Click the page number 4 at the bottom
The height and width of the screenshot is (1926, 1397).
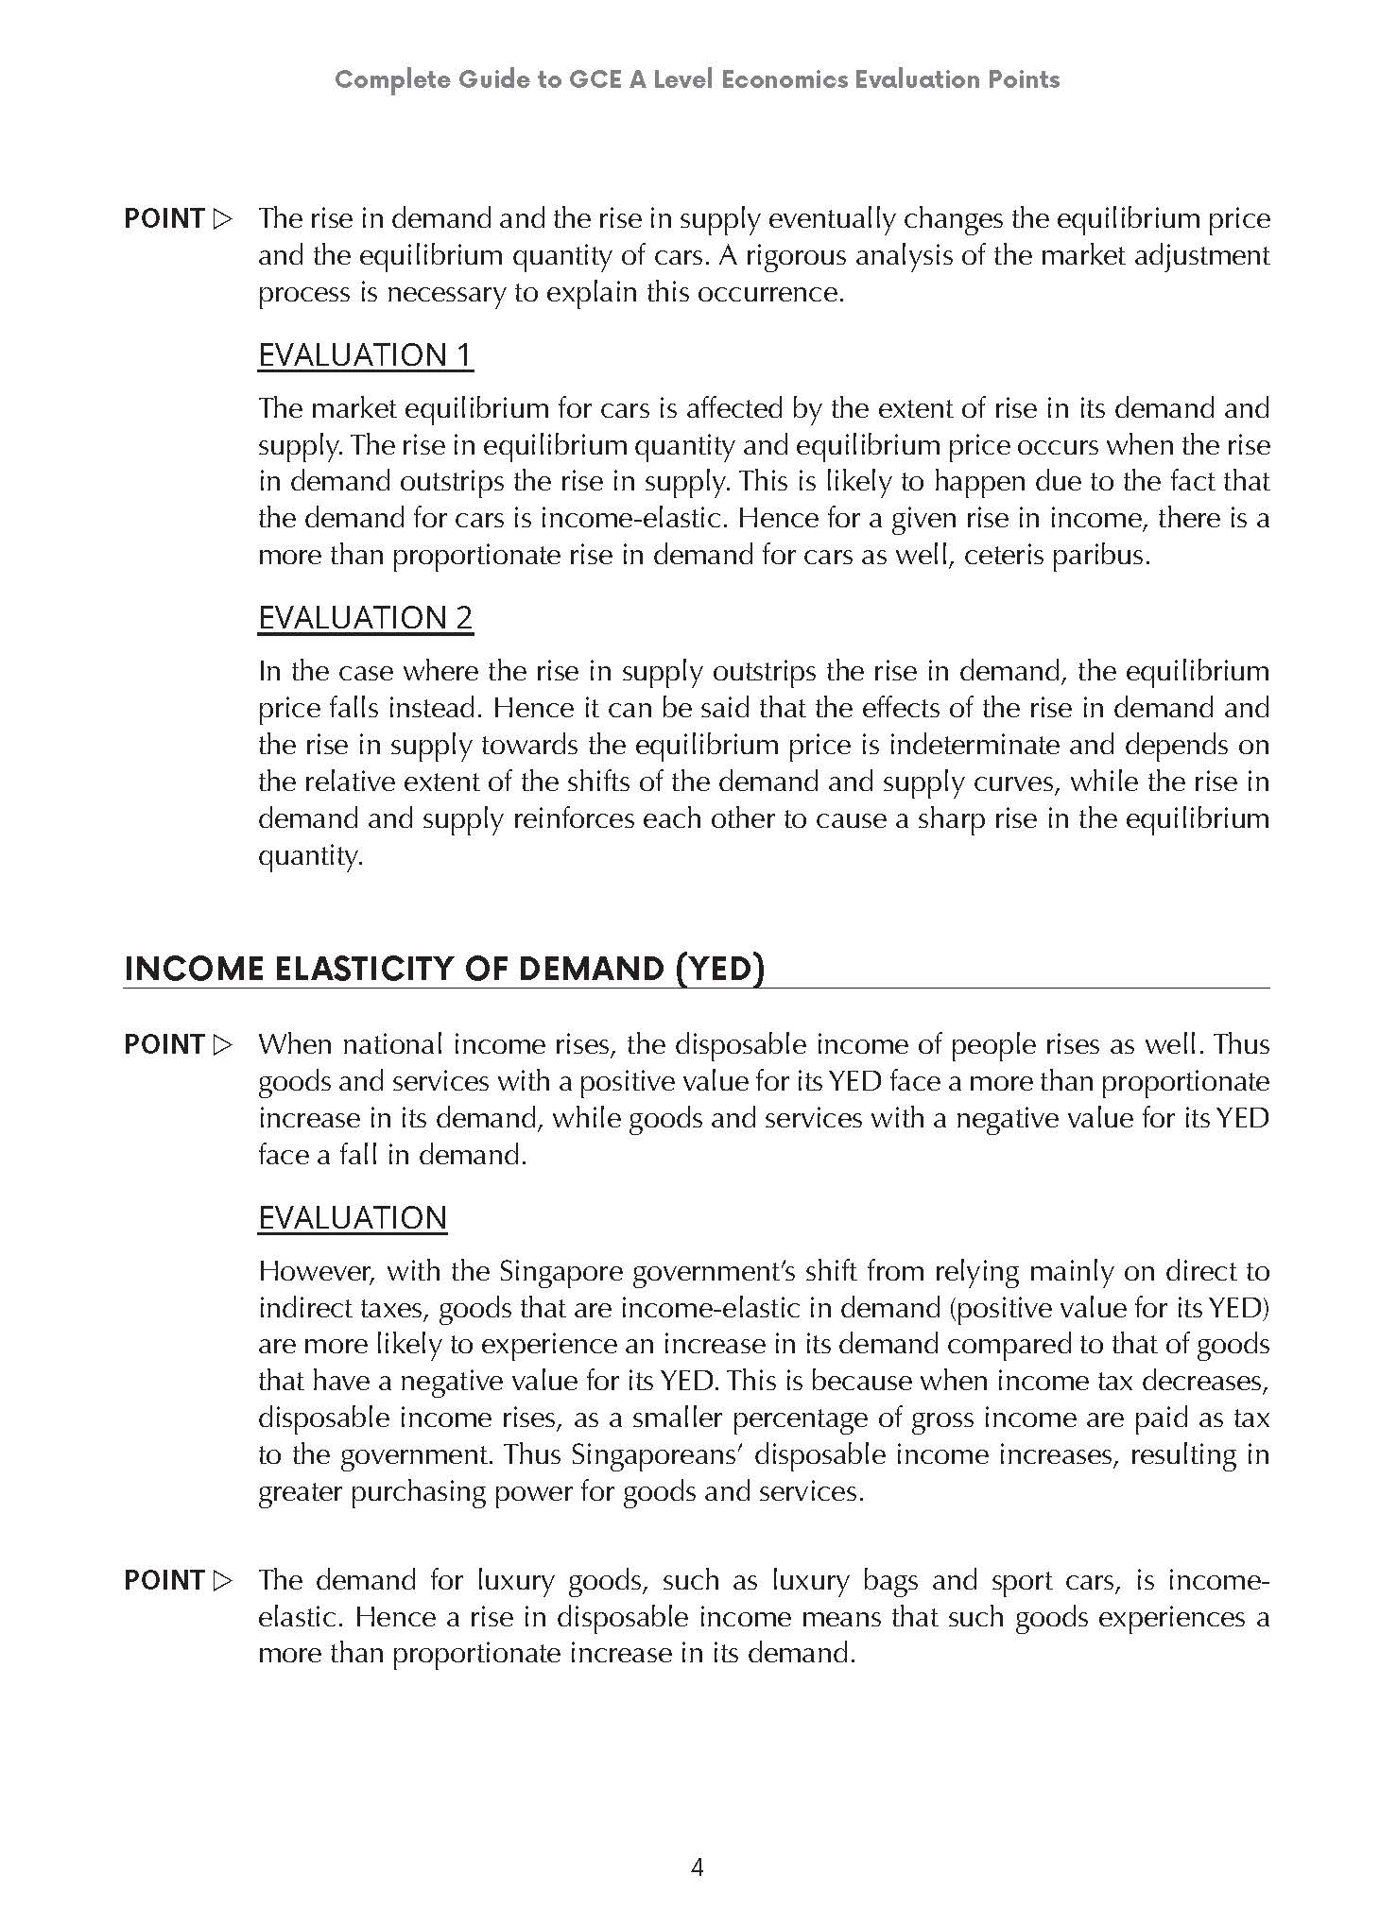coord(698,1867)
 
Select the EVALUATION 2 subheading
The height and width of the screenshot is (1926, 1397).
coord(365,617)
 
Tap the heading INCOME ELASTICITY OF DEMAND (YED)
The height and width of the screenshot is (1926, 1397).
coord(443,969)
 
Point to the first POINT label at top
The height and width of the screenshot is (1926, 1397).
coord(164,218)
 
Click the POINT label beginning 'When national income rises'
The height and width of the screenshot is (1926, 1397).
coord(164,1044)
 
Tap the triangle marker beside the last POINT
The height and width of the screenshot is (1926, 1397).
coord(223,1580)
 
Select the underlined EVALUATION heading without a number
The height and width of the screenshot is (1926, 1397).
coord(352,1217)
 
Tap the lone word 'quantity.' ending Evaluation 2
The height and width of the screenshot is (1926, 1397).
coord(310,856)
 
